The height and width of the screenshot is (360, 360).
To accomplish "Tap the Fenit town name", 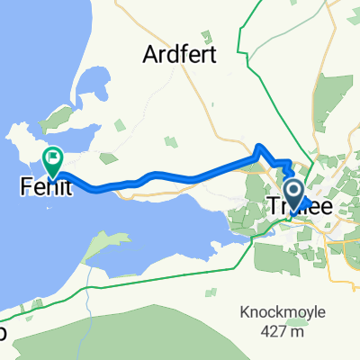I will pyautogui.click(x=42, y=188).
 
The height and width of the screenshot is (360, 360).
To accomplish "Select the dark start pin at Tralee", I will pyautogui.click(x=293, y=191).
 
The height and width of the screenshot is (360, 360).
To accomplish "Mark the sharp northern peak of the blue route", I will pyautogui.click(x=259, y=146).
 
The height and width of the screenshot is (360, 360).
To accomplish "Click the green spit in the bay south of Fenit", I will pyautogui.click(x=103, y=245).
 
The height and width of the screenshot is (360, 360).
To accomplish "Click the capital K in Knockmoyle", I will pyautogui.click(x=245, y=313).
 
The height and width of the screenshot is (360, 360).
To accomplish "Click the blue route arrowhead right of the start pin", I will pyautogui.click(x=305, y=202).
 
